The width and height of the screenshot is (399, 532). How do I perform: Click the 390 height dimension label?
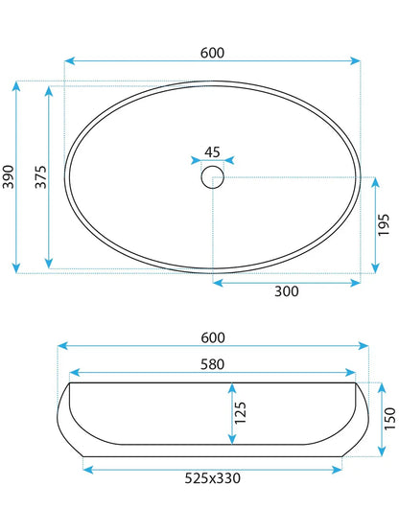pyautogui.click(x=8, y=176)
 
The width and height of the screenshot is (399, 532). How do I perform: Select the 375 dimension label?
pyautogui.click(x=40, y=176)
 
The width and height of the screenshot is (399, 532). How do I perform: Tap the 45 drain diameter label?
pyautogui.click(x=212, y=152)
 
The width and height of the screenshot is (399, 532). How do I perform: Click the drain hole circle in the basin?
pyautogui.click(x=213, y=177)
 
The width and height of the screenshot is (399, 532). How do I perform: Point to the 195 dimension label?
pyautogui.click(x=384, y=225)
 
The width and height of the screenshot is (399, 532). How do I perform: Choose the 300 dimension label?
pyautogui.click(x=287, y=291)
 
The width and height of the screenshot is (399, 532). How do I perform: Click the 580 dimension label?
pyautogui.click(x=213, y=364)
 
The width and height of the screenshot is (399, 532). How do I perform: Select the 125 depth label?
pyautogui.click(x=240, y=412)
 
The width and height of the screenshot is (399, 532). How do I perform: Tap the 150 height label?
pyautogui.click(x=389, y=419)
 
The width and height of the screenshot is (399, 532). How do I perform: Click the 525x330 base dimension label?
pyautogui.click(x=213, y=478)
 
